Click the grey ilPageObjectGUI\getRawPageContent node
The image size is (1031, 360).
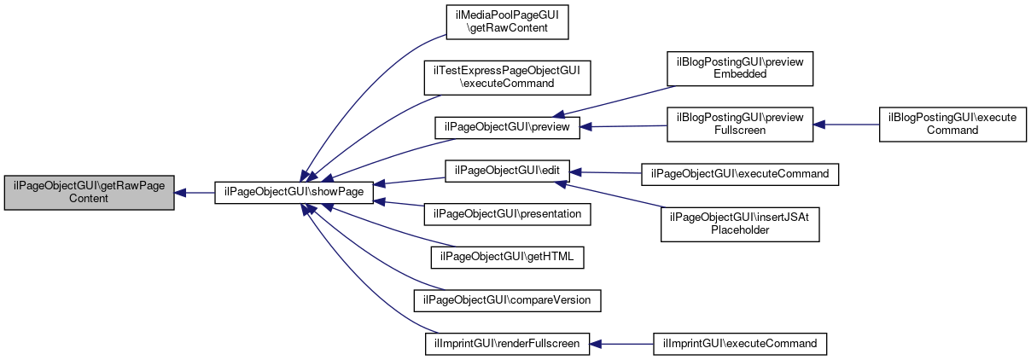pyautogui.click(x=90, y=193)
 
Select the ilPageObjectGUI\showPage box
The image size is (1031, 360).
pyautogui.click(x=294, y=193)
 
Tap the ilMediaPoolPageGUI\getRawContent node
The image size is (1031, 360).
pyautogui.click(x=507, y=22)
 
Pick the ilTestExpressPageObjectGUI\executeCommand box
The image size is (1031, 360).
pyautogui.click(x=507, y=78)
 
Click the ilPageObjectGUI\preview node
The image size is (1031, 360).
pyautogui.click(x=507, y=127)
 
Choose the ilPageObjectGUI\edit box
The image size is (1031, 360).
pyautogui.click(x=507, y=171)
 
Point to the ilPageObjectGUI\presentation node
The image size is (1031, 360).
pyautogui.click(x=507, y=214)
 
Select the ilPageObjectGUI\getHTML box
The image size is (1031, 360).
pyautogui.click(x=507, y=258)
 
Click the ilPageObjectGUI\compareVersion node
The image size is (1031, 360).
pyautogui.click(x=507, y=300)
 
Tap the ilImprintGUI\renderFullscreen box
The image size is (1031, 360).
pyautogui.click(x=507, y=344)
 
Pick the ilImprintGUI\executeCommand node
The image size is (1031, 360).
pyautogui.click(x=740, y=344)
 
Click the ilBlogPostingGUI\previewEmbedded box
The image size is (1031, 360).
pyautogui.click(x=740, y=68)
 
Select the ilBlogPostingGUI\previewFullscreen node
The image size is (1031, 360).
pyautogui.click(x=740, y=125)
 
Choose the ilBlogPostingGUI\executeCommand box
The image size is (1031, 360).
pyautogui.click(x=952, y=125)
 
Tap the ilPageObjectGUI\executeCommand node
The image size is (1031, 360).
pyautogui.click(x=740, y=174)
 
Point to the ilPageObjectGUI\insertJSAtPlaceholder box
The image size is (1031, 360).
pyautogui.click(x=740, y=224)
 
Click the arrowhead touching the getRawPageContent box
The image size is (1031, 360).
pyautogui.click(x=180, y=193)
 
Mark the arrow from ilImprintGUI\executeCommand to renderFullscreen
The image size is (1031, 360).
pyautogui.click(x=621, y=344)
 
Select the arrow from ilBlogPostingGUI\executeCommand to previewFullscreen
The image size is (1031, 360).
pyautogui.click(x=846, y=125)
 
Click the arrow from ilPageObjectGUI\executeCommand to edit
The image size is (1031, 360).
pyautogui.click(x=605, y=173)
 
